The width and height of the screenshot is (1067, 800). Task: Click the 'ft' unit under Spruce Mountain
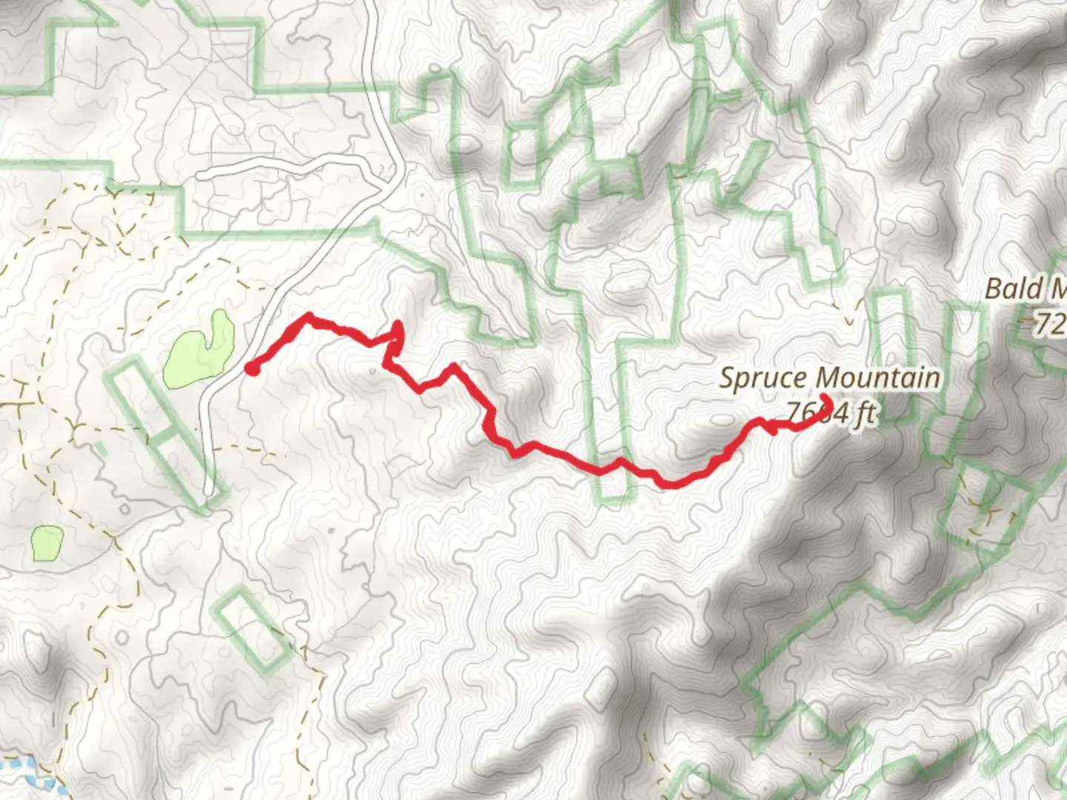(x=862, y=415)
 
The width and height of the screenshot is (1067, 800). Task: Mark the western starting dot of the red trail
(x=251, y=368)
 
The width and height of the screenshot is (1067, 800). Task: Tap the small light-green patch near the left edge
(x=46, y=543)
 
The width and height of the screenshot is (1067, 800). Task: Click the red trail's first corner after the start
(x=308, y=316)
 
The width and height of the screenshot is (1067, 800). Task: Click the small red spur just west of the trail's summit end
(x=773, y=430)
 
